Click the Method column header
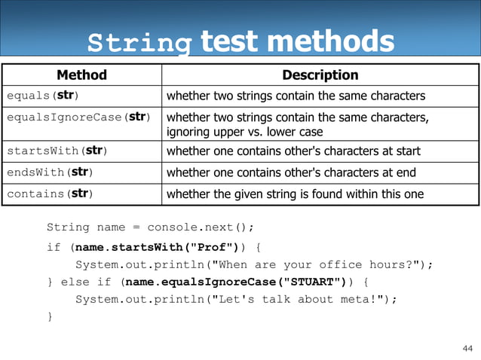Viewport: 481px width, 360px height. click(81, 75)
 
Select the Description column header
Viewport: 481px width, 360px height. click(320, 75)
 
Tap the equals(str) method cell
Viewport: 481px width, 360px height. click(43, 96)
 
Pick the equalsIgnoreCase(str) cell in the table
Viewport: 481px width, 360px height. click(78, 117)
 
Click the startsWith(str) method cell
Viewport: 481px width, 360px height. click(57, 151)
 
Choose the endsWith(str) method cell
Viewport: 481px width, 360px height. click(50, 172)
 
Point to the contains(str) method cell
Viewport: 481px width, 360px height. click(50, 194)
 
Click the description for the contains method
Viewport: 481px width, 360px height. click(295, 194)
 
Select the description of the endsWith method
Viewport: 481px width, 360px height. click(291, 172)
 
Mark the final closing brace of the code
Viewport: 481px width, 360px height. click(50, 317)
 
